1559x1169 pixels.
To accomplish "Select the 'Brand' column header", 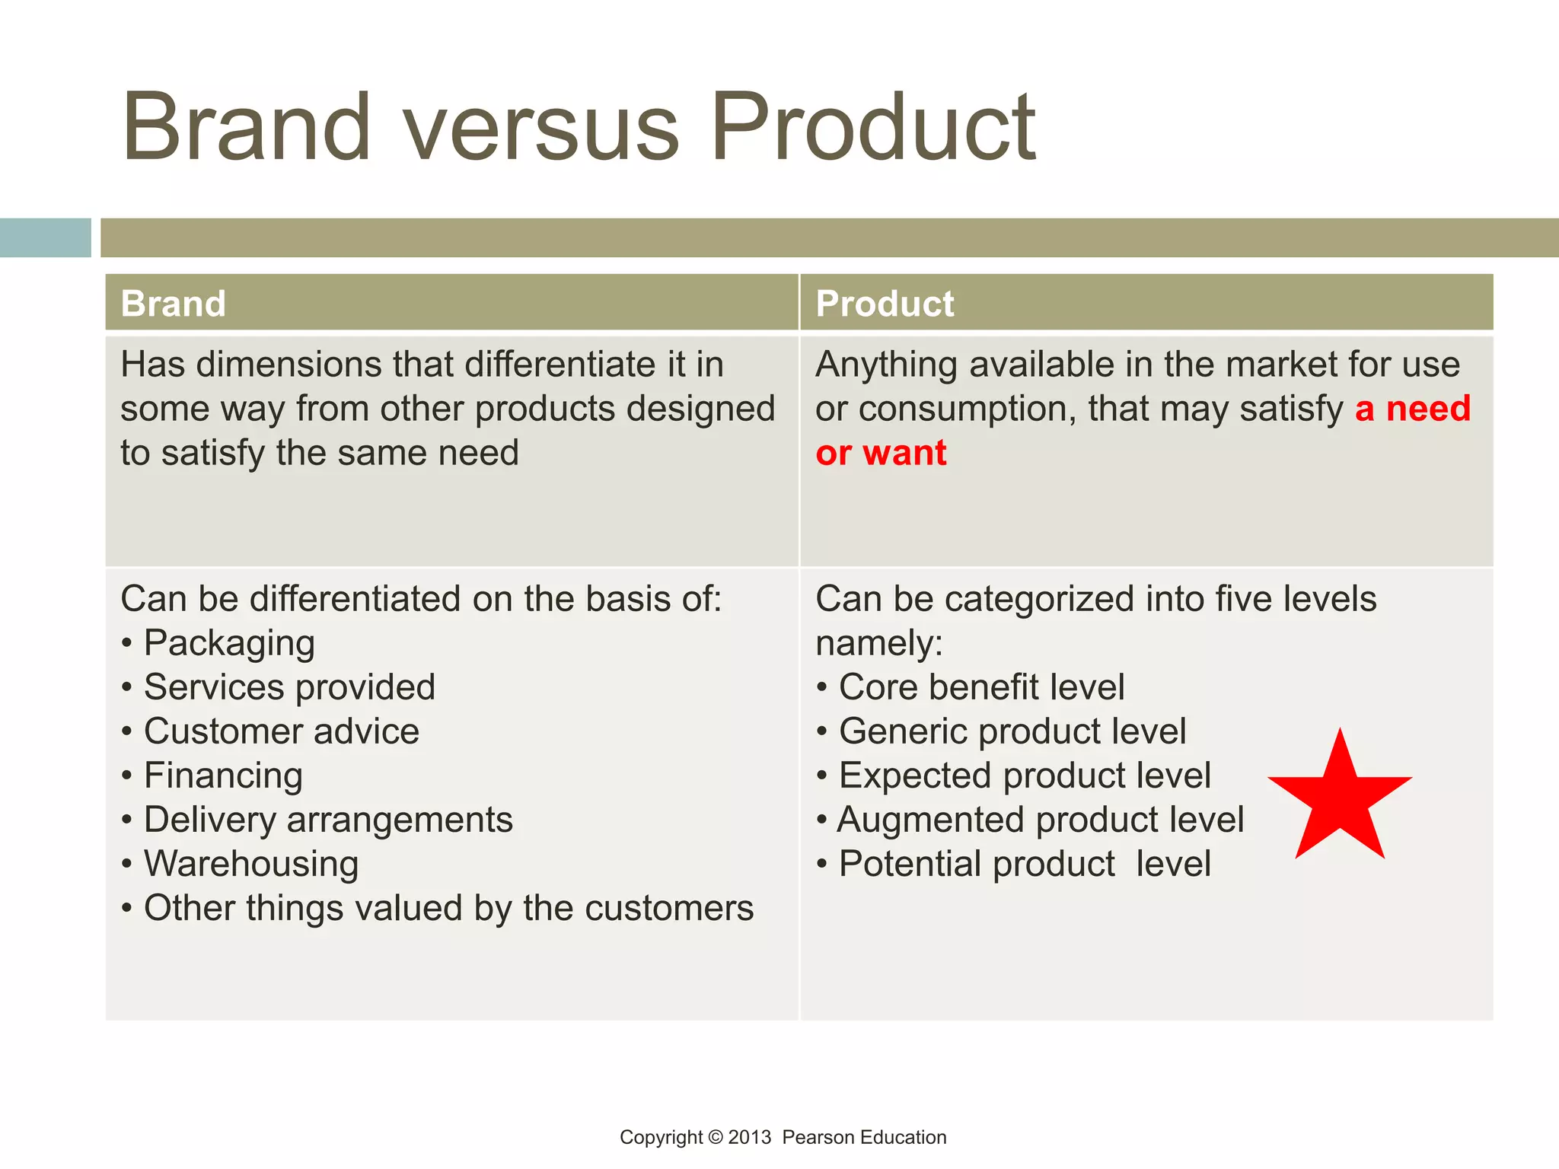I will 174,304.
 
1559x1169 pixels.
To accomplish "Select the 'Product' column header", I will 885,304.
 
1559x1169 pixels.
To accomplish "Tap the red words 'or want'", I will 881,453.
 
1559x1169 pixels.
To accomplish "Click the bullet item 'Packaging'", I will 229,643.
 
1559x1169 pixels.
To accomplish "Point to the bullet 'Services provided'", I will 289,687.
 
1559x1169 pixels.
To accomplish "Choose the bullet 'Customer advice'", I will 282,731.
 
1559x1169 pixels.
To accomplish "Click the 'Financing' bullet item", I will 223,776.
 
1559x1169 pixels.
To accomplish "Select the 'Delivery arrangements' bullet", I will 328,820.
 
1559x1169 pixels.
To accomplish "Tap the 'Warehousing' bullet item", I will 251,864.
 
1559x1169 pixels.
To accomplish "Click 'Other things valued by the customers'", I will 448,908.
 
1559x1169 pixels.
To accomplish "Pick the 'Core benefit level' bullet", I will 981,687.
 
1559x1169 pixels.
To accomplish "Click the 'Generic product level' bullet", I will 1012,731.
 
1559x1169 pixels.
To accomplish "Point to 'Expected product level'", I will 1024,776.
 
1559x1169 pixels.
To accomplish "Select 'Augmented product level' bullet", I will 1040,820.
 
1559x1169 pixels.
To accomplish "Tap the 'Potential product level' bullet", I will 1024,864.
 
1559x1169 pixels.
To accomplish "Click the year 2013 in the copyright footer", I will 749,1137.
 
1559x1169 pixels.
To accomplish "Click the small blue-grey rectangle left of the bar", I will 45,237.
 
